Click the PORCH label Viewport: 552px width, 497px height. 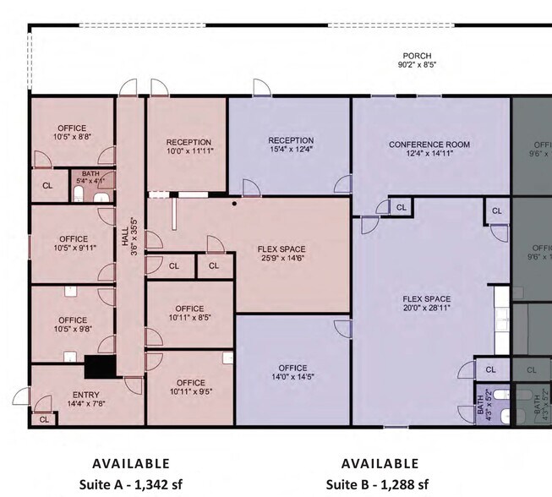[417, 56]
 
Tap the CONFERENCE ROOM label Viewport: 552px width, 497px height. [429, 145]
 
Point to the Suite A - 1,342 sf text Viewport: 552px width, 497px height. [130, 484]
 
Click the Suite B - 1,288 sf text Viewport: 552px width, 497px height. [378, 484]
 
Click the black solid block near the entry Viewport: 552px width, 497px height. [100, 367]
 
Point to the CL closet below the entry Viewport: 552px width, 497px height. [43, 418]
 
